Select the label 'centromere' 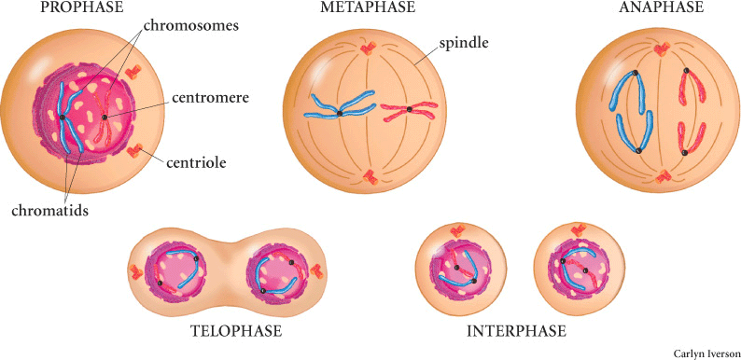pos(209,96)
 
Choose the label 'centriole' pos(197,163)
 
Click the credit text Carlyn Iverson pos(705,353)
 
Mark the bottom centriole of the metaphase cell pos(370,175)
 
